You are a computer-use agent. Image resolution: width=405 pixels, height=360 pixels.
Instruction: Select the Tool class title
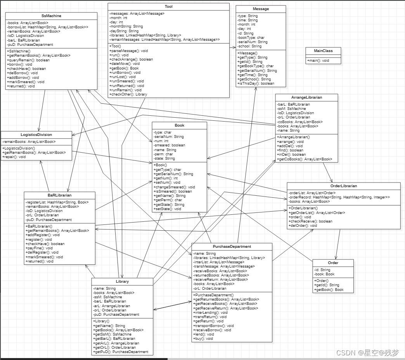click(168, 7)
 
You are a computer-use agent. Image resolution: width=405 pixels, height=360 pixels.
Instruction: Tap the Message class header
click(260, 9)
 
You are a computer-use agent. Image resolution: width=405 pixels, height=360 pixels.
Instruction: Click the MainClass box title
click(323, 50)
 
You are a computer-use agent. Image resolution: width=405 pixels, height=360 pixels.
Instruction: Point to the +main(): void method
click(318, 61)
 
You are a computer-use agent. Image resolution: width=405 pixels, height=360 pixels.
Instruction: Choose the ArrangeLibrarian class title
click(306, 97)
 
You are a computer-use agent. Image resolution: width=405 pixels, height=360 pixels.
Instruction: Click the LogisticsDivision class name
click(36, 134)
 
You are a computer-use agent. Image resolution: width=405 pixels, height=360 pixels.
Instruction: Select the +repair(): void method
click(14, 157)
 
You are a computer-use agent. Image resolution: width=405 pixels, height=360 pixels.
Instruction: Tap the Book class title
click(179, 125)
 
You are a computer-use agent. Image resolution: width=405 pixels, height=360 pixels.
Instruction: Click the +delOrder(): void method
click(303, 225)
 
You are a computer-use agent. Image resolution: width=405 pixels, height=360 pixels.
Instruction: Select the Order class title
click(333, 263)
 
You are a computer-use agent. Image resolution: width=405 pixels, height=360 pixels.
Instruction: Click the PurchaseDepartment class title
click(232, 246)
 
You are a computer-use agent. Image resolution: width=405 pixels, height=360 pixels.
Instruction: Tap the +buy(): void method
click(204, 339)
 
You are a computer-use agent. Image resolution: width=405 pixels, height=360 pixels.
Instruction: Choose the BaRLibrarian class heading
click(59, 195)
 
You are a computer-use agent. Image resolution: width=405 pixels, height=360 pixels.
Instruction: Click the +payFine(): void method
click(39, 248)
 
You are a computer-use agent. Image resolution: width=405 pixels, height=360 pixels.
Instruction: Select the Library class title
click(122, 282)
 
